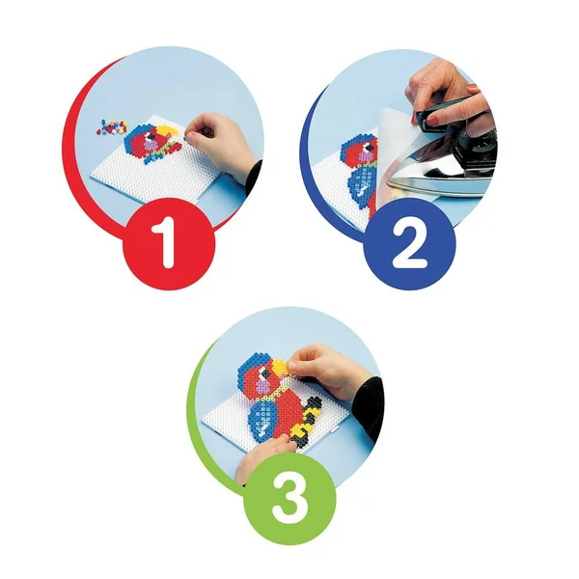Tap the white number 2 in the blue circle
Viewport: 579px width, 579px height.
tap(409, 243)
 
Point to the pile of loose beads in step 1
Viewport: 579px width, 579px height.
tap(112, 126)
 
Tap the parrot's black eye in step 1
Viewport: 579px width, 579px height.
tap(150, 138)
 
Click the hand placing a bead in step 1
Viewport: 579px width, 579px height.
tap(217, 142)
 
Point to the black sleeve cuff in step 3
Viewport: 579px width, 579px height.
tap(369, 406)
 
